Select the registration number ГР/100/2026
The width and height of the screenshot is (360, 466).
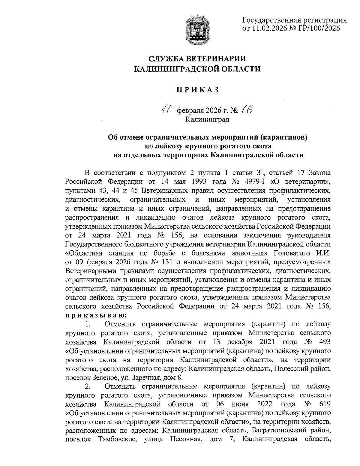(x=319, y=29)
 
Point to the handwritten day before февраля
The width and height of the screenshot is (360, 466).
(x=166, y=111)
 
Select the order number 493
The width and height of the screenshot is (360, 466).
(x=324, y=342)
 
